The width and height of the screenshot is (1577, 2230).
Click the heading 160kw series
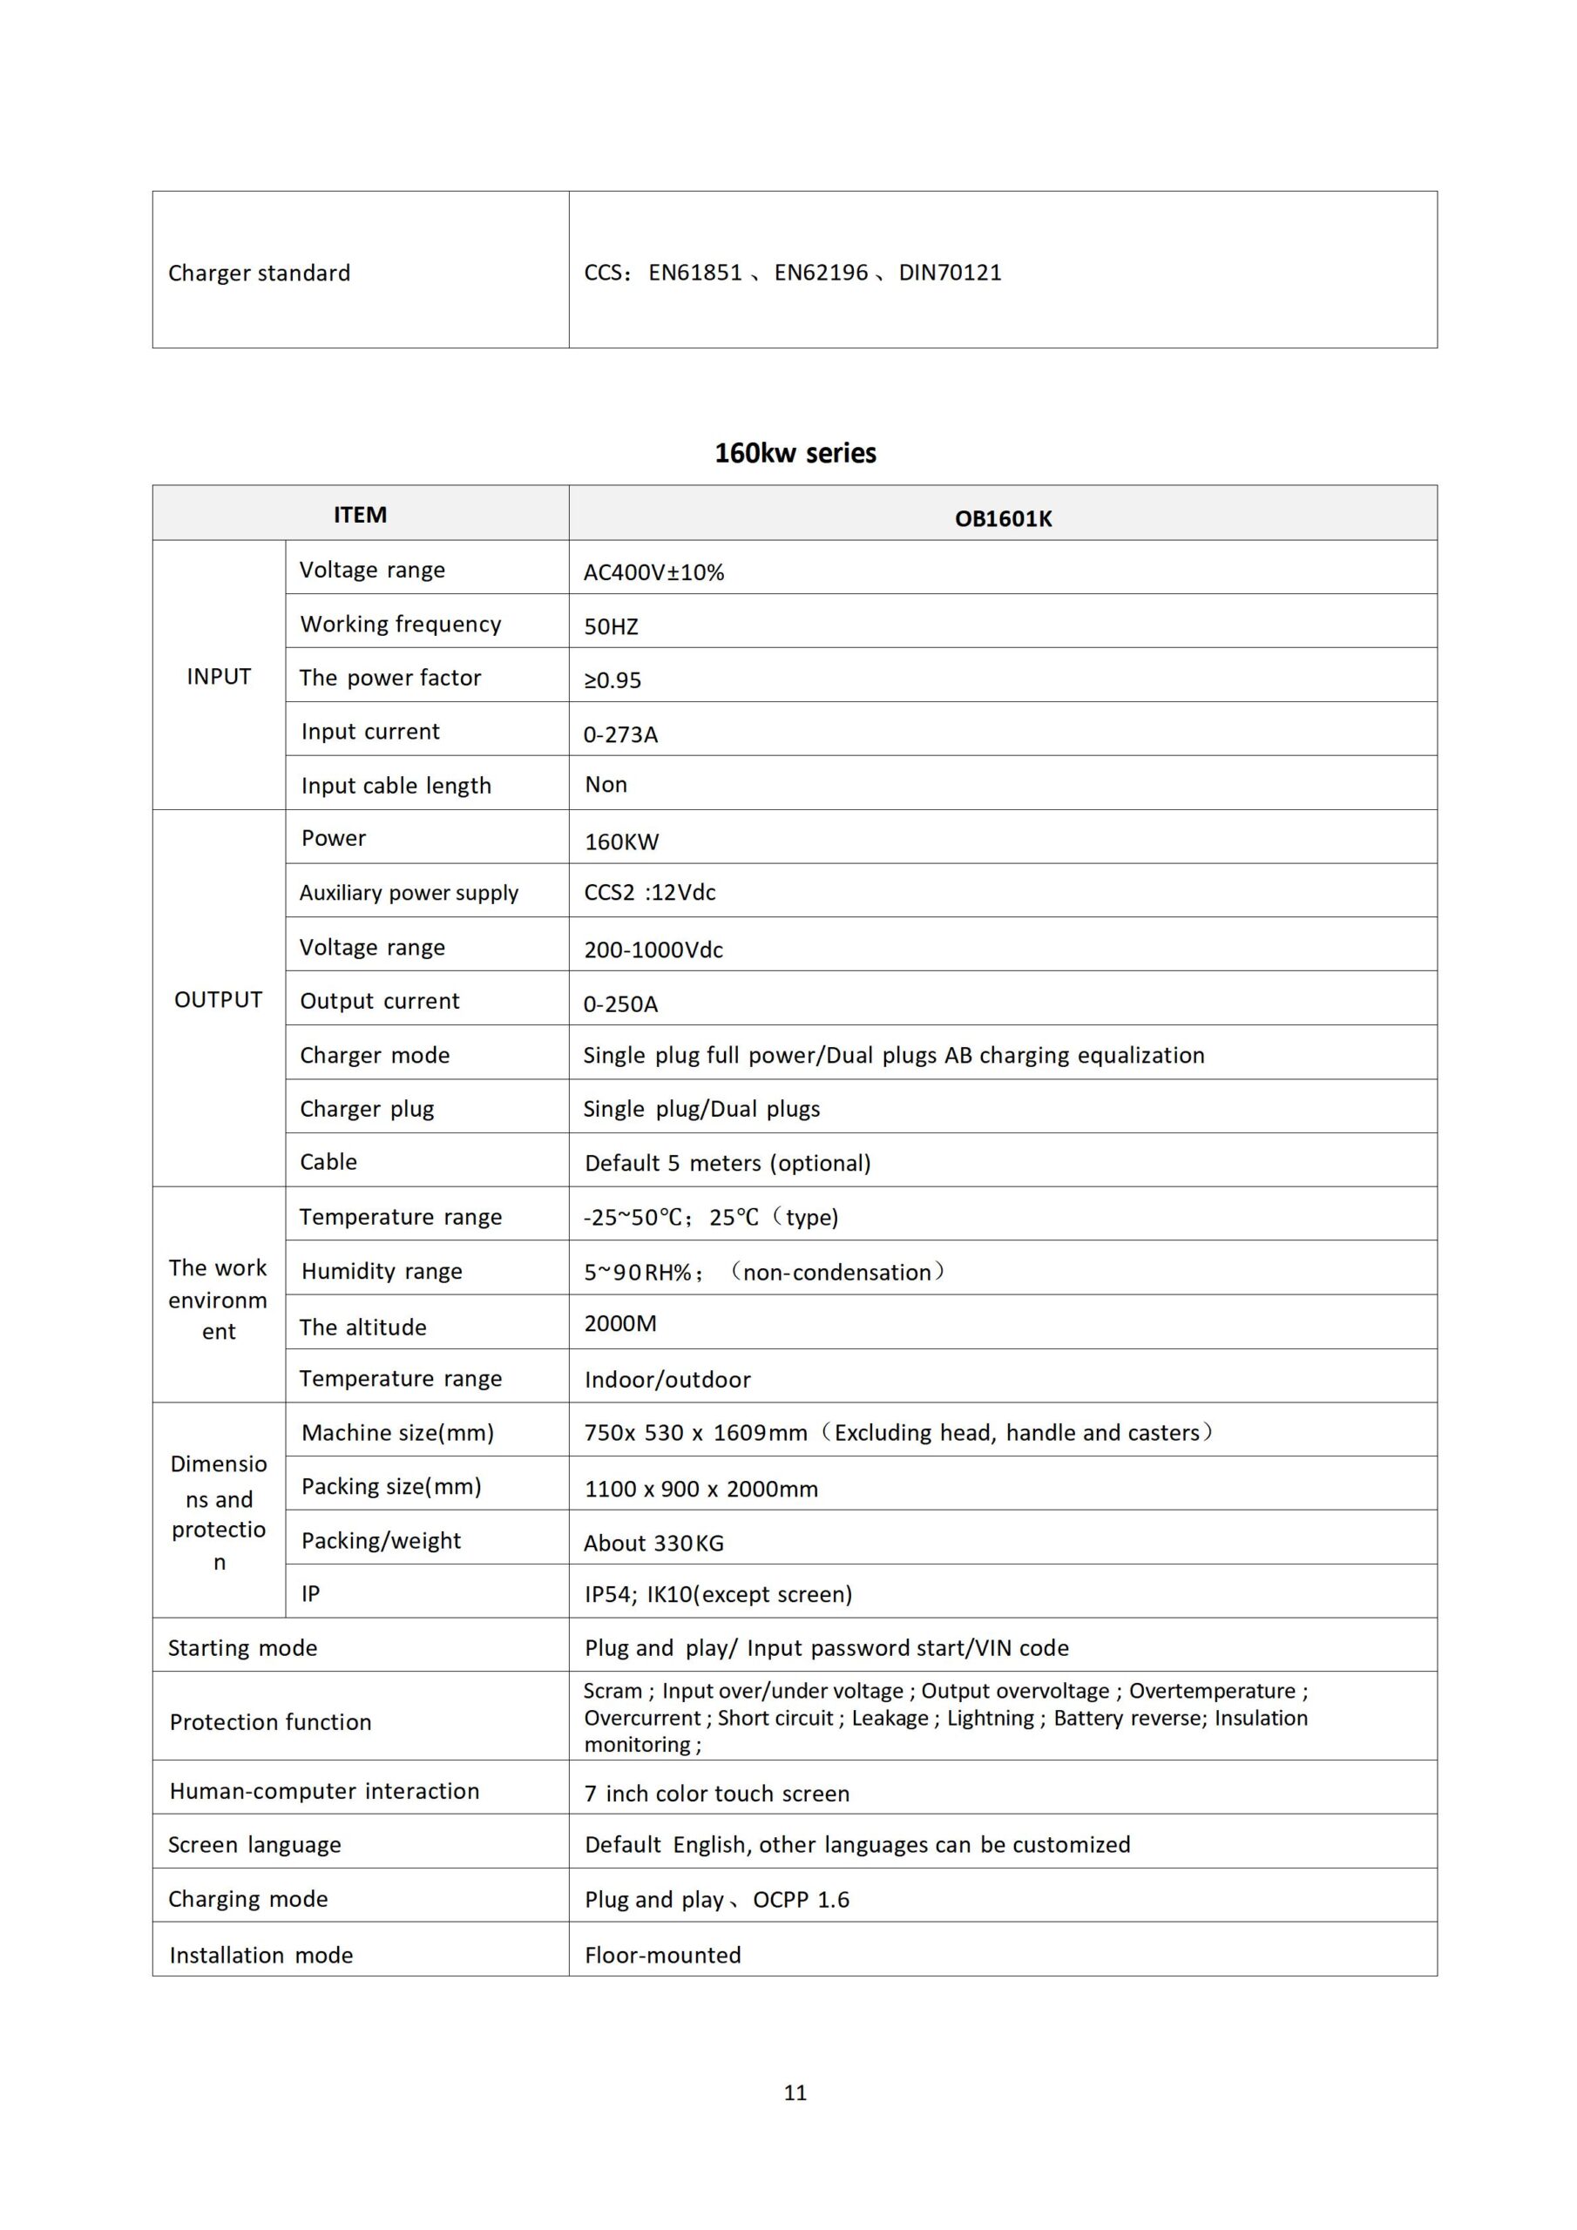[795, 454]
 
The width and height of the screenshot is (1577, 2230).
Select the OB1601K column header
[1003, 518]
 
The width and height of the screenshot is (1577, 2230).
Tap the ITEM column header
[360, 515]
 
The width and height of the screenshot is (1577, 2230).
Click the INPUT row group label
[219, 676]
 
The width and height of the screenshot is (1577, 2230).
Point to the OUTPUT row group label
[219, 999]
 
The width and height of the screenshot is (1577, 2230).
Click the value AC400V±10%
[654, 572]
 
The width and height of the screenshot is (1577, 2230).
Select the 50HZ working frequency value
[611, 626]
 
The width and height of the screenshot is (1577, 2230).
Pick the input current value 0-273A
[621, 734]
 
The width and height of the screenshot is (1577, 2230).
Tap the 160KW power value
[622, 842]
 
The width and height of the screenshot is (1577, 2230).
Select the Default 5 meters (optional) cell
[728, 1163]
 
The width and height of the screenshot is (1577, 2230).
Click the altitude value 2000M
[621, 1323]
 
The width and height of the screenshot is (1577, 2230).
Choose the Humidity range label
[382, 1272]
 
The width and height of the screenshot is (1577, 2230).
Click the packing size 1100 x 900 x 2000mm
[701, 1489]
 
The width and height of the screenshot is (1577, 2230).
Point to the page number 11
[795, 2093]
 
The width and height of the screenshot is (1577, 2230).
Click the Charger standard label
[260, 273]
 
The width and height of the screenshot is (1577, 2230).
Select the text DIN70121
[951, 273]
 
